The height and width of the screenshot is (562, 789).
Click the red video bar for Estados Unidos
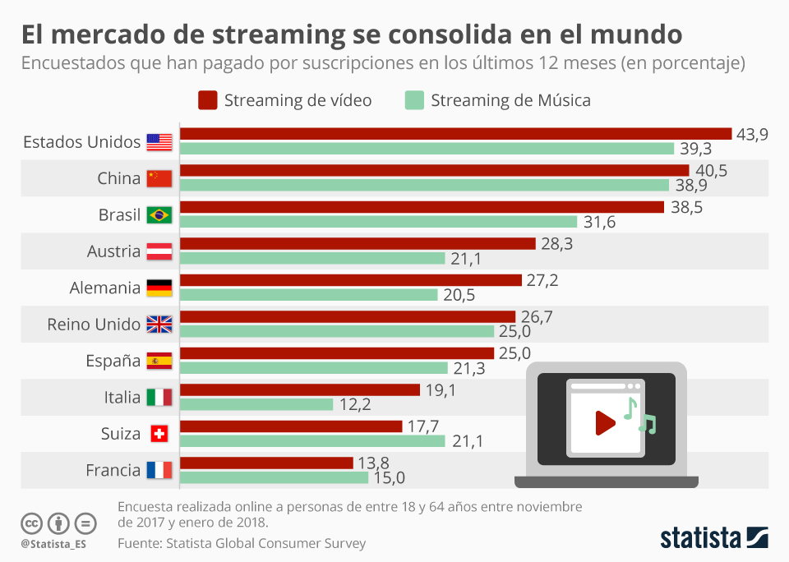tap(455, 134)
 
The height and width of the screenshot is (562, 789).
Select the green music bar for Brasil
tap(378, 222)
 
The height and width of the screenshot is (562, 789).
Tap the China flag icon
tap(159, 178)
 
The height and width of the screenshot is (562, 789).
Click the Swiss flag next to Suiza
tap(159, 434)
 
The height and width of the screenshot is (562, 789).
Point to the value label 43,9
tap(751, 135)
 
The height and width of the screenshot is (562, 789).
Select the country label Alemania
tap(105, 288)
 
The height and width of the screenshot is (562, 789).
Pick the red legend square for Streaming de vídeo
tap(208, 100)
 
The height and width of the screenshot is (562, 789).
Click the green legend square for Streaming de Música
tap(414, 100)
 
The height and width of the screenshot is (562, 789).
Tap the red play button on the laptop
tap(605, 423)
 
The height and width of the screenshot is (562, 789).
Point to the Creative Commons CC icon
tap(31, 523)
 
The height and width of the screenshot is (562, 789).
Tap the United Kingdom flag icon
tap(159, 325)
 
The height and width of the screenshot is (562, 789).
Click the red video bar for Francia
tap(266, 463)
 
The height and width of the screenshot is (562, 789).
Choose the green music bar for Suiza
tap(312, 441)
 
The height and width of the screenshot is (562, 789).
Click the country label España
tap(113, 362)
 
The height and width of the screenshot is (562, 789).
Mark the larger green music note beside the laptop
tap(630, 408)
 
